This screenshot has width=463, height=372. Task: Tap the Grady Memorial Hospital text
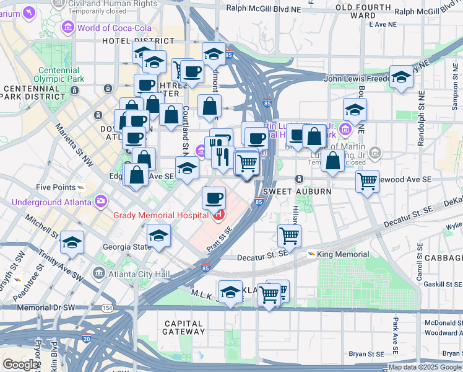pos(162,215)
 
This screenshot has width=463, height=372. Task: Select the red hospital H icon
pos(218,215)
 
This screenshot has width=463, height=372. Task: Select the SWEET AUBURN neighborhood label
pos(297,192)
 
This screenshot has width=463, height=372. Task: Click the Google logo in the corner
pos(20,364)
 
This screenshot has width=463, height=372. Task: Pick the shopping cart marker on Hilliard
pos(290,235)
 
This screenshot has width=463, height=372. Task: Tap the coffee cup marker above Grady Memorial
pos(214,198)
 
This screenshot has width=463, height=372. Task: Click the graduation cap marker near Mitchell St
pos(72,242)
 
